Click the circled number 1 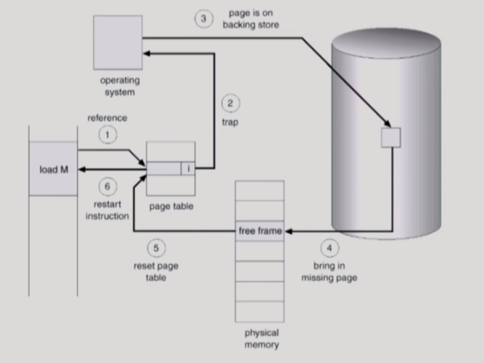(107, 135)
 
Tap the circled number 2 (230, 104)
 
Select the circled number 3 (203, 19)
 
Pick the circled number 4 (329, 248)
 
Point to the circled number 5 (156, 248)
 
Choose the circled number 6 (107, 186)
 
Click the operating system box (118, 42)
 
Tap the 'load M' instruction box (53, 169)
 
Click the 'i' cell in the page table (188, 168)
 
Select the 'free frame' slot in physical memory (260, 231)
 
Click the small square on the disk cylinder (391, 137)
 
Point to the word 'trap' (230, 123)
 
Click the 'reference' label (107, 118)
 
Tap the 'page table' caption (171, 207)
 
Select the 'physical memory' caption (261, 339)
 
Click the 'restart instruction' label (107, 210)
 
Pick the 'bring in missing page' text (329, 272)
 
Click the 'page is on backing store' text (250, 19)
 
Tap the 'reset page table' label (156, 272)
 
